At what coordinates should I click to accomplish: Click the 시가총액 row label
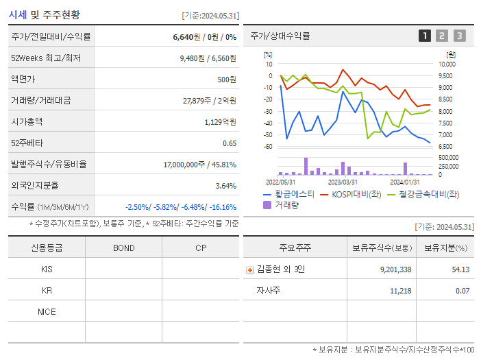[27, 121]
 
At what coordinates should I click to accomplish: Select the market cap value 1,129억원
[220, 121]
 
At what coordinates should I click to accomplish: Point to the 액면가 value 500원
[226, 79]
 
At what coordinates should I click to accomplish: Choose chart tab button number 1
[425, 36]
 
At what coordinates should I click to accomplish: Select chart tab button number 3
[459, 36]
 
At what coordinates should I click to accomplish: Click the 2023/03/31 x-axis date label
[343, 182]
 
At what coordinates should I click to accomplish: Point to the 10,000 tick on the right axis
[446, 64]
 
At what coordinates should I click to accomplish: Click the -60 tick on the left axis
[269, 146]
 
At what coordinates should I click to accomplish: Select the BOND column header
[123, 248]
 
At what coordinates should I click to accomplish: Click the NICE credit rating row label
[47, 311]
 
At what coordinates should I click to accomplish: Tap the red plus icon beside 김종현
[250, 269]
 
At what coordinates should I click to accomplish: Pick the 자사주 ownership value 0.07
[462, 291]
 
